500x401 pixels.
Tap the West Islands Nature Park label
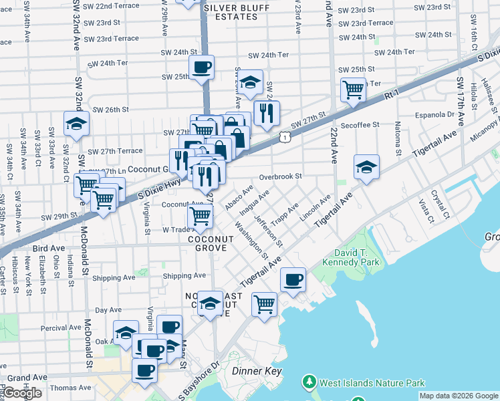click(372, 384)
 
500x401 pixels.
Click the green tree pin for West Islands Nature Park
click(309, 382)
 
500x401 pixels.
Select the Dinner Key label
click(257, 371)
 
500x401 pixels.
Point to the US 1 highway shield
click(285, 136)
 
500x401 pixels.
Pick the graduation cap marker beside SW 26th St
click(77, 124)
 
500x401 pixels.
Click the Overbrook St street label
click(281, 177)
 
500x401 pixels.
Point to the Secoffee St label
click(360, 124)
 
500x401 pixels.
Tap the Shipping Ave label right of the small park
click(184, 275)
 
